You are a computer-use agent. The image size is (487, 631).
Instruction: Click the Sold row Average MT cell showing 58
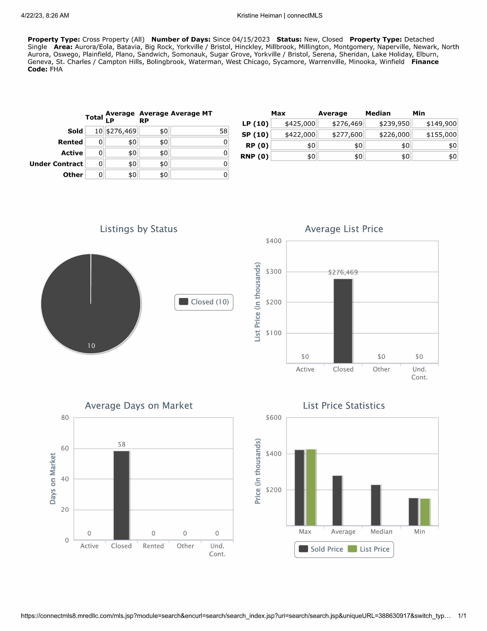click(x=199, y=131)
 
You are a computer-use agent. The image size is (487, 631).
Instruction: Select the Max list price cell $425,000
click(x=293, y=124)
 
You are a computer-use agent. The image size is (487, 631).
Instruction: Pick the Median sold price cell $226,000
click(x=388, y=135)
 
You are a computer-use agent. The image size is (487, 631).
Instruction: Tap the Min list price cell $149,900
click(x=435, y=124)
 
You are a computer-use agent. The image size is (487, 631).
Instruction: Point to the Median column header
click(x=378, y=113)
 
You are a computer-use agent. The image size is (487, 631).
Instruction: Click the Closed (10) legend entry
click(x=204, y=302)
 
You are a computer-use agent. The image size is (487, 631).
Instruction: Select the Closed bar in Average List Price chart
click(x=343, y=321)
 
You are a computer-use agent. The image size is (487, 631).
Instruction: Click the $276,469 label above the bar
click(x=343, y=272)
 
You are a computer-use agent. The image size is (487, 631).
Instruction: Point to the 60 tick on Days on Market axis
click(x=65, y=448)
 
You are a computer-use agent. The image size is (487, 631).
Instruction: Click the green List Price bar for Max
click(x=311, y=487)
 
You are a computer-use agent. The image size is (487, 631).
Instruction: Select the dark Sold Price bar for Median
click(x=375, y=505)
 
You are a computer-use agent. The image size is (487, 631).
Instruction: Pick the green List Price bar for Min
click(x=425, y=512)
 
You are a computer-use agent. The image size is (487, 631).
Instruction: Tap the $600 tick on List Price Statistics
click(x=273, y=418)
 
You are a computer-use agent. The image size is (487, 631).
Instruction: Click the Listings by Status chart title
click(x=139, y=229)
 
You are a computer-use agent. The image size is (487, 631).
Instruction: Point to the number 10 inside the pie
click(x=91, y=346)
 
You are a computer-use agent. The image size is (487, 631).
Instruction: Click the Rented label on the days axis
click(x=153, y=546)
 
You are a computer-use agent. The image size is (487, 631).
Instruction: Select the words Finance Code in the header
click(x=425, y=62)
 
